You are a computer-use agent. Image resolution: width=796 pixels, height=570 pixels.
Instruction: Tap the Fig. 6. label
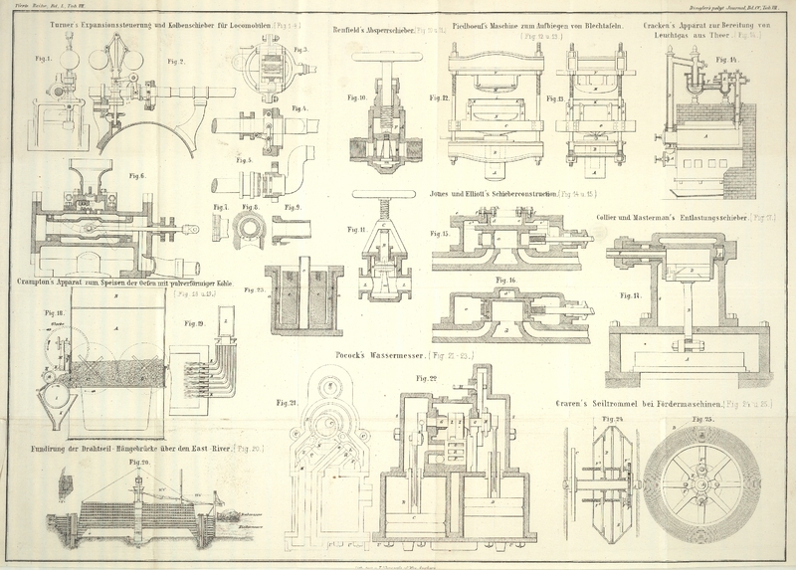135,176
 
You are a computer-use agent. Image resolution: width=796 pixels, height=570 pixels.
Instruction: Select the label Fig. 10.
357,97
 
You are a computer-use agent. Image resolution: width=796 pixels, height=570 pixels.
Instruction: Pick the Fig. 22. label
427,377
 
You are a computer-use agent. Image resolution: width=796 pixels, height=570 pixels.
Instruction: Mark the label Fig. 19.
194,323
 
